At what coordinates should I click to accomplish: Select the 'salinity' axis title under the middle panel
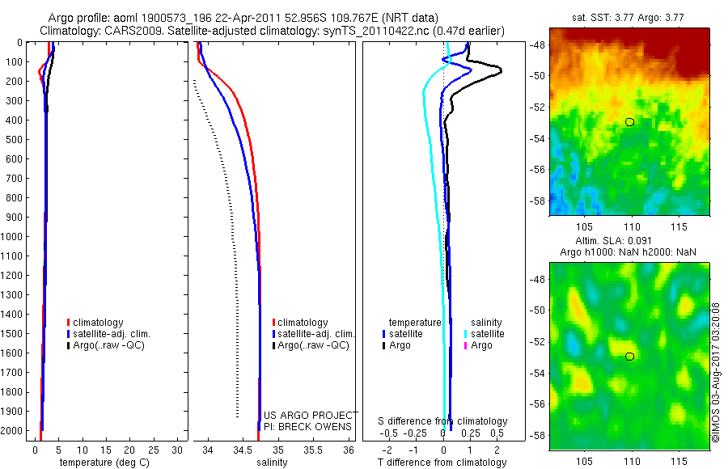271,463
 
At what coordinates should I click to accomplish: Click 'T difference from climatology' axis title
442,463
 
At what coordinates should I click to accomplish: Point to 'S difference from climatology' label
442,421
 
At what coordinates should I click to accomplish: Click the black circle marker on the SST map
629,121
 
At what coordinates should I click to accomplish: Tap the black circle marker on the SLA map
629,356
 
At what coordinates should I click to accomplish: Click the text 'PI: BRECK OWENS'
307,426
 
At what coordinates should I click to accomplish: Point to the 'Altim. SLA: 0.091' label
630,242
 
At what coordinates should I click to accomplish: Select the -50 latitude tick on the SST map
539,75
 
